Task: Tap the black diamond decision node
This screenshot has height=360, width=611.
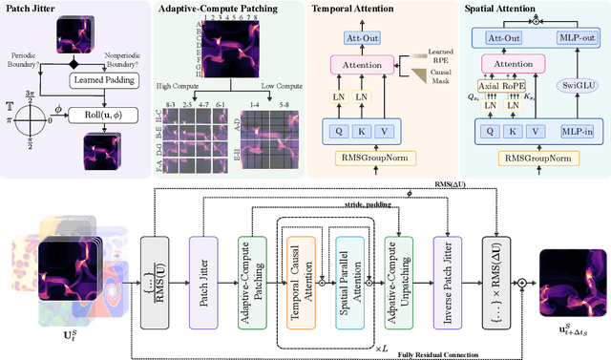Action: pyautogui.click(x=74, y=63)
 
